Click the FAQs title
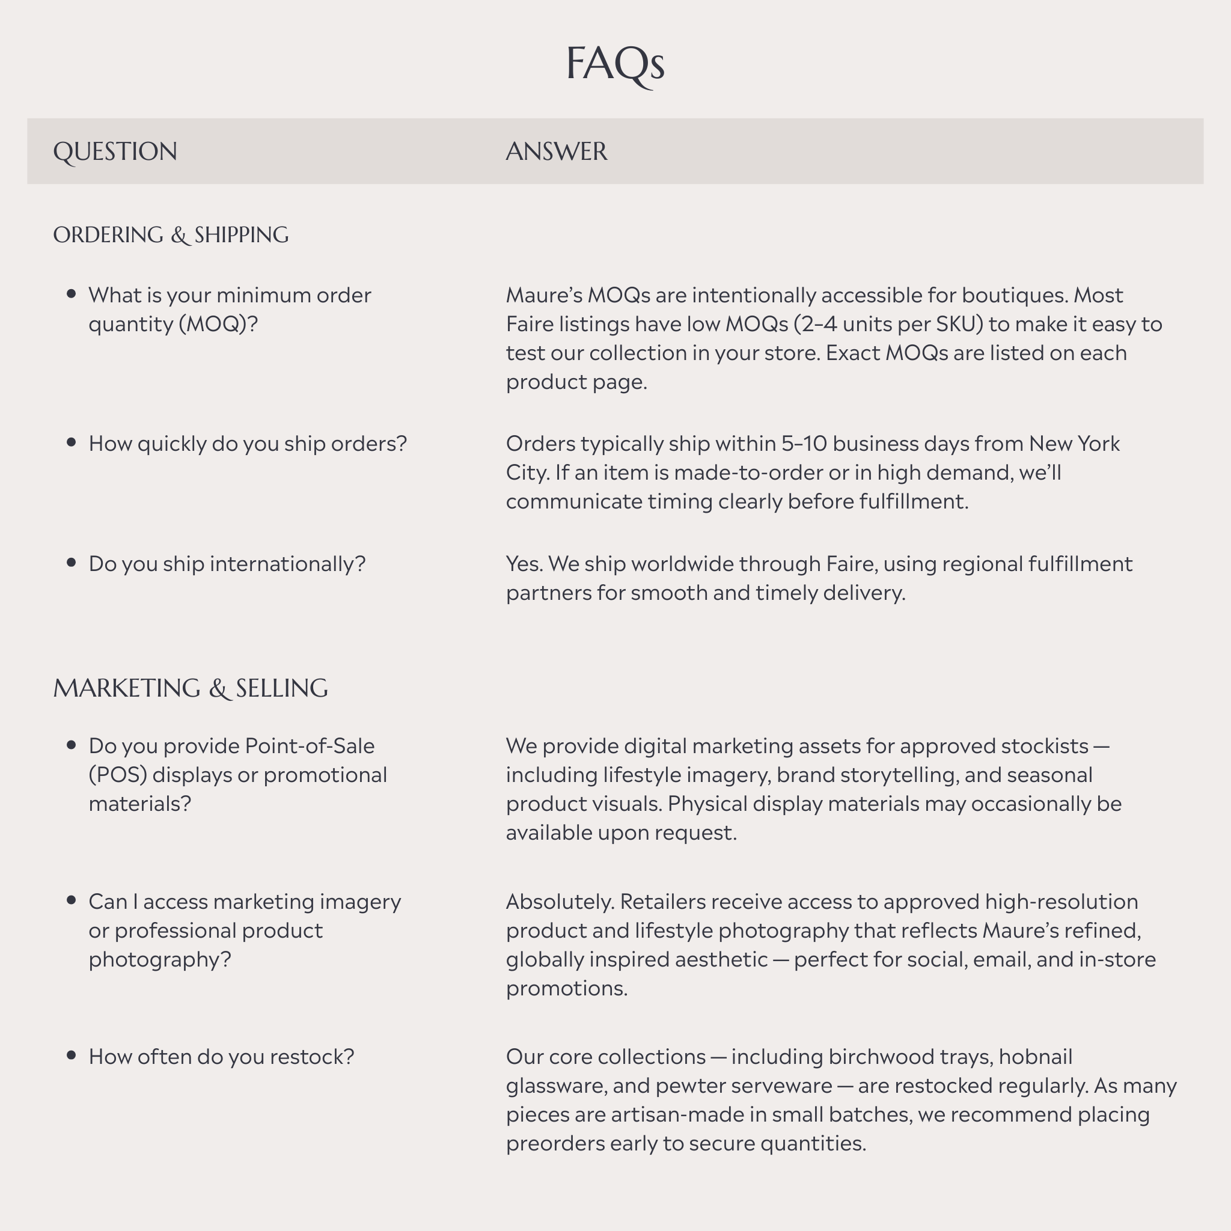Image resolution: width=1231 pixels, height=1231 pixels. point(615,64)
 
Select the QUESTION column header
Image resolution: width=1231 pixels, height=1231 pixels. point(115,151)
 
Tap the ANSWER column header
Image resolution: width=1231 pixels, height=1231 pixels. point(556,151)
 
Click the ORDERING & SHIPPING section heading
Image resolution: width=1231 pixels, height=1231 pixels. point(170,235)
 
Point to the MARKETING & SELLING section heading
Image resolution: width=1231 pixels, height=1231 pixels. point(190,688)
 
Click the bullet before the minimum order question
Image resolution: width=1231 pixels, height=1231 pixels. point(72,294)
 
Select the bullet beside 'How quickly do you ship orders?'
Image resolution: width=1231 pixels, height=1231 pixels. point(72,442)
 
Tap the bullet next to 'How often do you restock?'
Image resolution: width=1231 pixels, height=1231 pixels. point(72,1055)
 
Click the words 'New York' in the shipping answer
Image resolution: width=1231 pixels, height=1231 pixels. point(1074,444)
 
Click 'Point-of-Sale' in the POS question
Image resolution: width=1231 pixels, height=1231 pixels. point(310,746)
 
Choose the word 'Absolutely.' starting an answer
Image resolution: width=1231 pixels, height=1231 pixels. point(560,902)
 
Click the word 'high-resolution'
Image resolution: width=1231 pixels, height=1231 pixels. point(1061,902)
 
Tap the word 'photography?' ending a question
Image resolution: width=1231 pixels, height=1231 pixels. point(159,959)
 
